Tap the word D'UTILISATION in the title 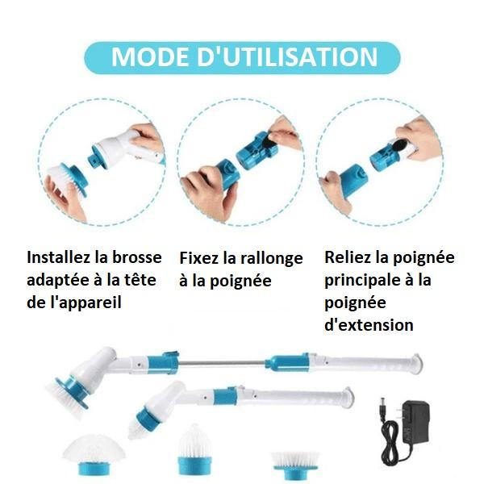(287, 56)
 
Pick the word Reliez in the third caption (344, 257)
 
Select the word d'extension (369, 325)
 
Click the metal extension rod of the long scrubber (222, 363)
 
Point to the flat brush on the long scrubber (66, 394)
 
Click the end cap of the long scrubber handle (417, 364)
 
